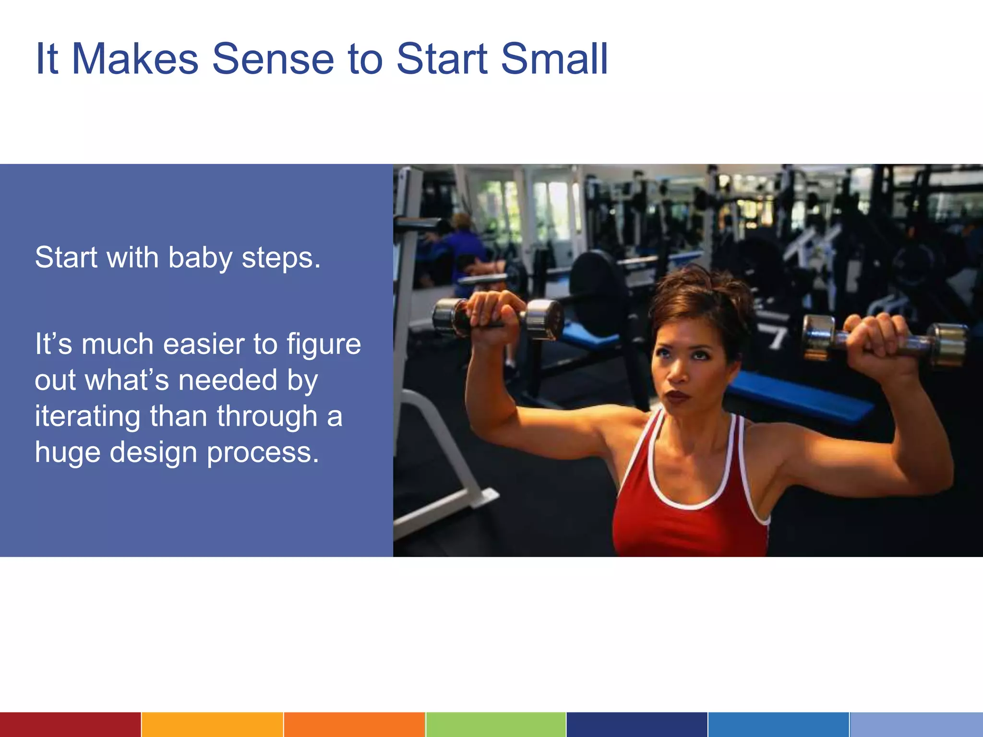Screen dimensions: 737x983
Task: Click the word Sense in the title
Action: point(273,59)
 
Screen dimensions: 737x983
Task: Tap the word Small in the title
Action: point(554,59)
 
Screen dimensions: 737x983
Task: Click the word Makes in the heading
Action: point(135,59)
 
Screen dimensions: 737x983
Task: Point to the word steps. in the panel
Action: point(281,258)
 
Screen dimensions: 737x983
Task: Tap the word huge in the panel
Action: point(67,453)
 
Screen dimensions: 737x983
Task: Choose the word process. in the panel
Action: point(263,453)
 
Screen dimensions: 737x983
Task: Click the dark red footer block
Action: point(70,725)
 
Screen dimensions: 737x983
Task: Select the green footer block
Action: point(496,725)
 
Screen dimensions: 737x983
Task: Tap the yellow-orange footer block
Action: point(212,725)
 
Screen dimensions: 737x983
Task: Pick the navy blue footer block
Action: point(636,725)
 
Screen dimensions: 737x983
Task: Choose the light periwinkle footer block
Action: point(916,725)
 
